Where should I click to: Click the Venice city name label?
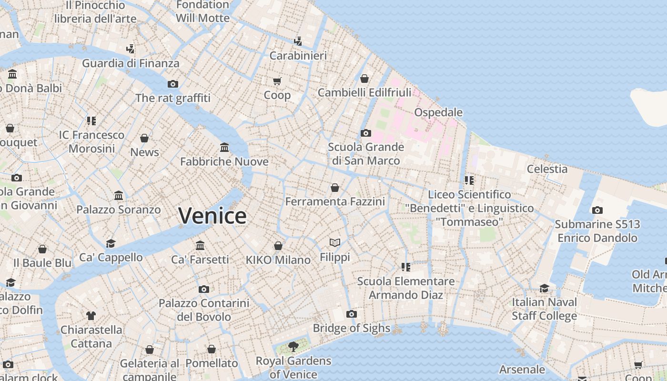click(x=212, y=216)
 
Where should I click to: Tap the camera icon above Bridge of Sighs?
click(x=352, y=314)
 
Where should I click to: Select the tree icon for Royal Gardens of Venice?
click(x=293, y=346)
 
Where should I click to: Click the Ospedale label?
click(x=438, y=112)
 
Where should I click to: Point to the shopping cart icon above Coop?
click(x=277, y=81)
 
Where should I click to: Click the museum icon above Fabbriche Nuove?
click(x=224, y=147)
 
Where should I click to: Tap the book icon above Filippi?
click(x=335, y=243)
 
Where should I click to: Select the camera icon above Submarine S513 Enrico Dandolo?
click(x=597, y=210)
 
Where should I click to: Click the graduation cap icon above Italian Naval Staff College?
click(x=544, y=288)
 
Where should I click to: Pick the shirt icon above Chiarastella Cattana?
click(x=91, y=315)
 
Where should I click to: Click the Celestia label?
click(x=547, y=169)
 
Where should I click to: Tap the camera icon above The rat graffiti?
click(x=172, y=84)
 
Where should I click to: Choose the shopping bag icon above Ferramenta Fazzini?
click(x=335, y=188)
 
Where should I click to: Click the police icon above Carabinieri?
click(x=298, y=41)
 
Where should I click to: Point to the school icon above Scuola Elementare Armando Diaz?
click(x=406, y=267)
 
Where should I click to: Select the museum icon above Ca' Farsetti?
click(x=200, y=245)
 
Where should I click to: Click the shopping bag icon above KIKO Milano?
click(x=278, y=246)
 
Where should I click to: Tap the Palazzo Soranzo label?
click(x=119, y=210)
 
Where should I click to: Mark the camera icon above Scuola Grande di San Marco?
click(x=365, y=133)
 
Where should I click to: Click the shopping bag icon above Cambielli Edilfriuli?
click(x=364, y=79)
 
